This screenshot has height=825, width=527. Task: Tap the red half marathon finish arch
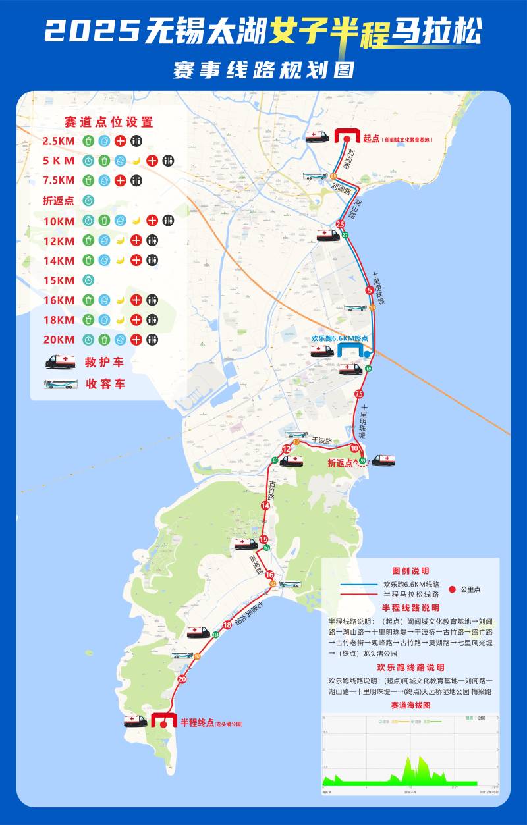click(162, 720)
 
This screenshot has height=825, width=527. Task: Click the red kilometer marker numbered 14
click(265, 506)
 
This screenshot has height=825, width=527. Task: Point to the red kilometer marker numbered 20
click(182, 679)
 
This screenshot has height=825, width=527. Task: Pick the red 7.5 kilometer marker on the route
click(358, 394)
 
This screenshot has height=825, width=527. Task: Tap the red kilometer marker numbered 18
click(227, 625)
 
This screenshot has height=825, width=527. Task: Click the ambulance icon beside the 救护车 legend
click(60, 362)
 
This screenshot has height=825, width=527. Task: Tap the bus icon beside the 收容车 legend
click(61, 384)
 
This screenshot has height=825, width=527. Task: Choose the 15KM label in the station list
click(59, 280)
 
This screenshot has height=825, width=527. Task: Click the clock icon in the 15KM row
click(88, 280)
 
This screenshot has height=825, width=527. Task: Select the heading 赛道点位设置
click(109, 122)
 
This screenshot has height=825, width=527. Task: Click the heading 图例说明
click(410, 571)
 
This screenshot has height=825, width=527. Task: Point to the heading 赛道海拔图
click(410, 705)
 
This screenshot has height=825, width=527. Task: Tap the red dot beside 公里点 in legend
click(452, 589)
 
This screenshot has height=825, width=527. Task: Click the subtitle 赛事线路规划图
click(263, 70)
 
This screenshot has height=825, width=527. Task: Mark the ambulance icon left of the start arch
click(317, 137)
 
